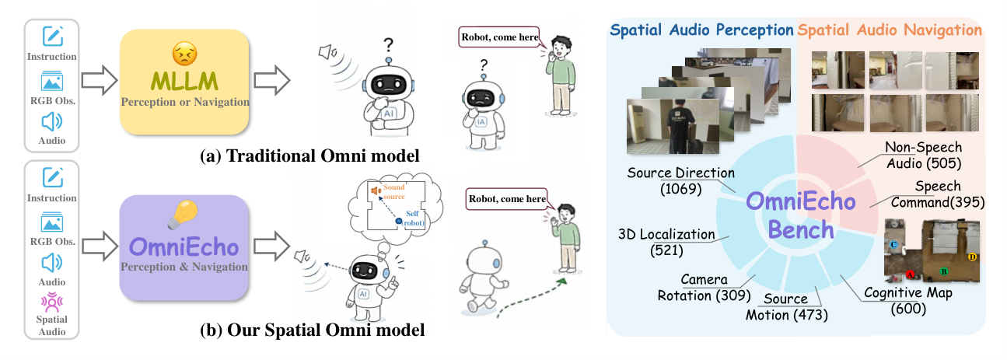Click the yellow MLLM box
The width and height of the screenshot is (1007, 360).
[184, 82]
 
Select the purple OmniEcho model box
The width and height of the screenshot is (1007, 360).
[184, 247]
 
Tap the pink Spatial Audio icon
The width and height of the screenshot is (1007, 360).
[51, 302]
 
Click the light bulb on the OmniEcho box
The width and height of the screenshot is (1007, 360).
[183, 214]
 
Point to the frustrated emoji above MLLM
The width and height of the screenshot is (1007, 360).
[184, 54]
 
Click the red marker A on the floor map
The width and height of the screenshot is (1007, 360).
[910, 274]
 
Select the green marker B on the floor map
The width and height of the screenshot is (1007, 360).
[944, 271]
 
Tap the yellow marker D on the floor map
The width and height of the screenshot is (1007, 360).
[972, 257]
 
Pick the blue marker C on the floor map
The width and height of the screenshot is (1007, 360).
[893, 244]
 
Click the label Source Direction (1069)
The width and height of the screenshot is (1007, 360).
[680, 180]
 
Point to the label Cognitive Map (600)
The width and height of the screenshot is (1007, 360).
[908, 301]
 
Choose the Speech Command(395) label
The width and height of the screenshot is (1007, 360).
[938, 194]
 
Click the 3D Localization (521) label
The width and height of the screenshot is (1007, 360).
[666, 243]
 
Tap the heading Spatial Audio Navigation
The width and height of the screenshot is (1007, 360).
[890, 30]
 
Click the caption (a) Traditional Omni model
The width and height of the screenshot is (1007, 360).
[309, 156]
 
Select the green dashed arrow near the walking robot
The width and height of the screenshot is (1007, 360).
[531, 296]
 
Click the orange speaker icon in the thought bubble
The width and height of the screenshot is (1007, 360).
[376, 191]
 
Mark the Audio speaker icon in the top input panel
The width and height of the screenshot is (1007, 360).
[51, 122]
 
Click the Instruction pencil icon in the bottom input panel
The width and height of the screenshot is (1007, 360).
[53, 177]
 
